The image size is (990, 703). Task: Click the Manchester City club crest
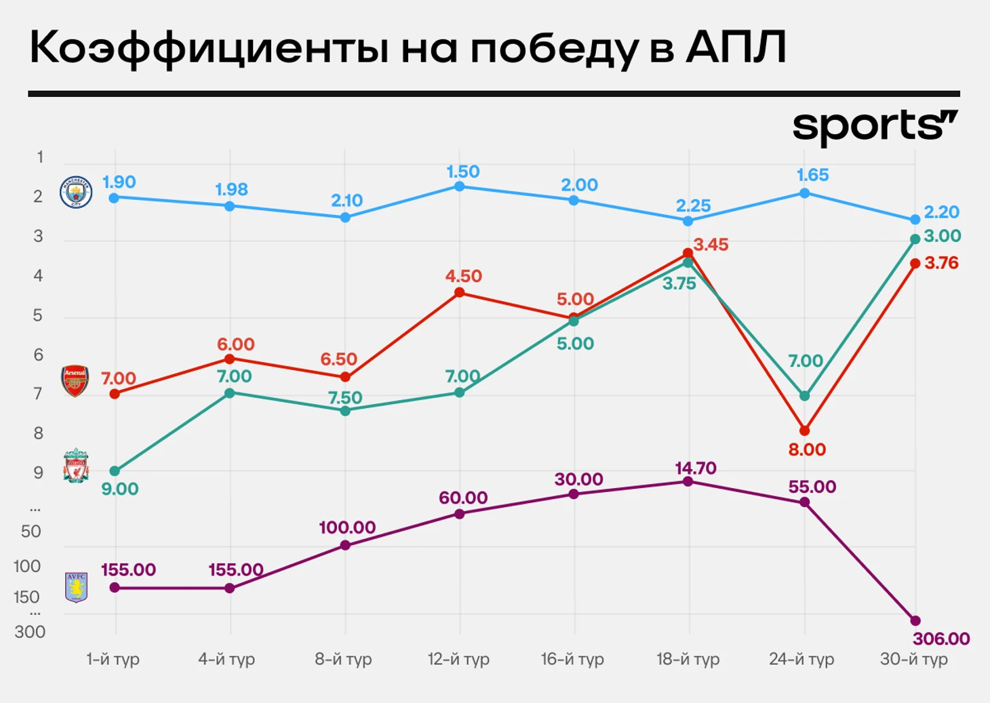click(x=75, y=192)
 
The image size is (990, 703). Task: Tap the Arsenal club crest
click(x=75, y=380)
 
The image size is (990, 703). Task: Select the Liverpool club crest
click(x=76, y=466)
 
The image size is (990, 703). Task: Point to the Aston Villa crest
click(x=76, y=587)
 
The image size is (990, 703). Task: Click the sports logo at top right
click(x=875, y=127)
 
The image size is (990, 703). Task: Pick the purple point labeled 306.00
click(x=915, y=620)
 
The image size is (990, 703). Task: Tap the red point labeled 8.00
click(x=804, y=430)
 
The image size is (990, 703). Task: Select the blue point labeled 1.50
click(x=459, y=186)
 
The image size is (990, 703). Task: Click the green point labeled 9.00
click(x=115, y=471)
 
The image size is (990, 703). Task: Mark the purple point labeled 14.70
click(x=688, y=481)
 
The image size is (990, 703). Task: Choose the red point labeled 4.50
click(x=459, y=292)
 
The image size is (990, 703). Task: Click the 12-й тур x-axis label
click(x=458, y=659)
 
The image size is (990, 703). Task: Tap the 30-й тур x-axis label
click(x=913, y=659)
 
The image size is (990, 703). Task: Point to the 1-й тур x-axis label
click(x=113, y=659)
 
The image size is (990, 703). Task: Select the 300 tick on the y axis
click(x=30, y=632)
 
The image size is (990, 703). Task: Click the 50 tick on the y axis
click(x=31, y=531)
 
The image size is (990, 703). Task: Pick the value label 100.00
click(x=347, y=527)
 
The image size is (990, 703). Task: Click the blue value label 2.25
click(x=693, y=205)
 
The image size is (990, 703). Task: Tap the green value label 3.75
click(x=679, y=284)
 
